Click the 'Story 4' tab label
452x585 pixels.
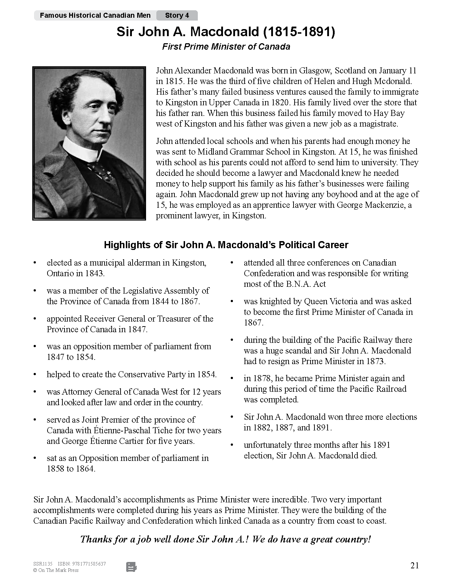point(177,15)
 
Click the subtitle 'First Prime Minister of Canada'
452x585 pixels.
point(226,47)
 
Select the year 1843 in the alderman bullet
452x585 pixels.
point(94,273)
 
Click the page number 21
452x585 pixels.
point(415,565)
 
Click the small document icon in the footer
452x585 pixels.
point(132,567)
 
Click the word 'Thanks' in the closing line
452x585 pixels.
point(95,539)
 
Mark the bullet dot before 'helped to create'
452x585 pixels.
point(35,374)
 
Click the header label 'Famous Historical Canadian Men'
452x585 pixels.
point(95,15)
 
